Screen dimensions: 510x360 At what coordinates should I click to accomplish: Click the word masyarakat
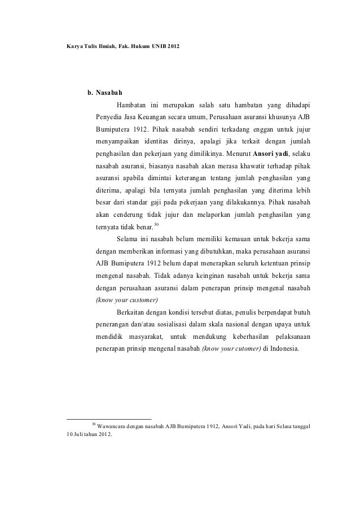point(146,337)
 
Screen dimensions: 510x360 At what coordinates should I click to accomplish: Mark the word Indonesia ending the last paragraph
point(286,350)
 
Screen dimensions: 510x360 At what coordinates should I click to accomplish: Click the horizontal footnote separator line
point(109,419)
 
